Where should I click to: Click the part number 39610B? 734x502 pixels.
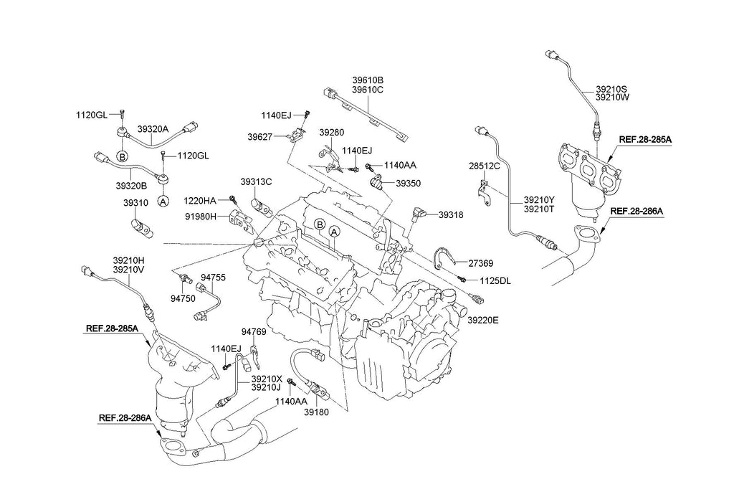tap(367, 80)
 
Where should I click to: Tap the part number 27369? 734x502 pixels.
tap(481, 264)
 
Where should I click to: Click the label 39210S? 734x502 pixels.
tap(611, 89)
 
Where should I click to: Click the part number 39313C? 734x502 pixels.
tap(256, 182)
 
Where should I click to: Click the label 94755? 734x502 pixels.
tap(213, 276)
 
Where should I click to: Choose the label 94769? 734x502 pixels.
tap(254, 332)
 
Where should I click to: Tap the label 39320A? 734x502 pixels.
tap(153, 129)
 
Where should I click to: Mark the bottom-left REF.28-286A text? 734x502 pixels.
tap(125, 417)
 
